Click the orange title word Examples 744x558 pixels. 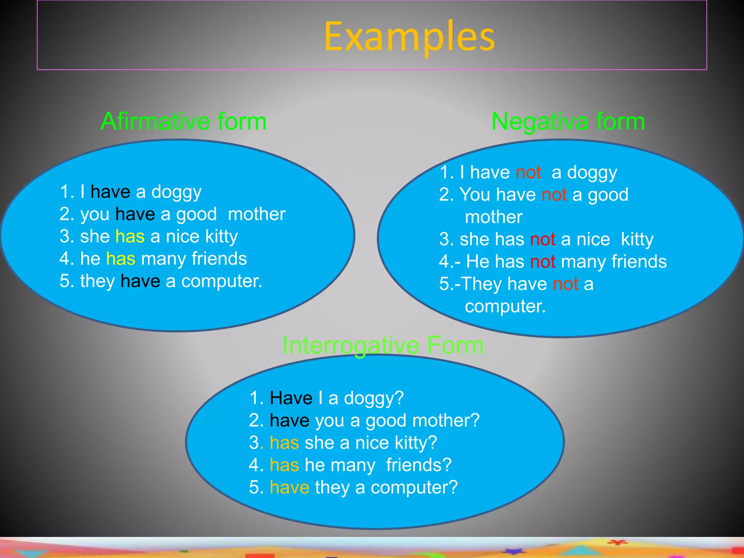pos(409,36)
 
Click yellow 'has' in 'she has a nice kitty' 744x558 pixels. pos(130,236)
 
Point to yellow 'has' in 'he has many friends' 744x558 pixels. pos(121,259)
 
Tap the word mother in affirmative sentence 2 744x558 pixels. pos(256,214)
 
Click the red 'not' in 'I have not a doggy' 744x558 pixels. pos(528,172)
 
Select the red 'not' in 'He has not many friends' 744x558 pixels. pos(542,262)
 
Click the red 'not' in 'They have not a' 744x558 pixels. pos(565,284)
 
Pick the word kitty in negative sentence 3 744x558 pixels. pos(637,239)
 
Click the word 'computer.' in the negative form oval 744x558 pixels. pos(505,306)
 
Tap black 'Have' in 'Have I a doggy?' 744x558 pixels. pos(291,398)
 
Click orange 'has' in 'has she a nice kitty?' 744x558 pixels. pos(284,443)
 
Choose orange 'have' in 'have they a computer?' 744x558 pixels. pos(289,488)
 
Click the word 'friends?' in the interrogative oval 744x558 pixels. pos(418,465)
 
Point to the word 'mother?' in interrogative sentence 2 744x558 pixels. pos(446,421)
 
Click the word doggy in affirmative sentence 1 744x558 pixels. pos(176,192)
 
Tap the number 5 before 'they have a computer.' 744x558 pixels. pos(64,281)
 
